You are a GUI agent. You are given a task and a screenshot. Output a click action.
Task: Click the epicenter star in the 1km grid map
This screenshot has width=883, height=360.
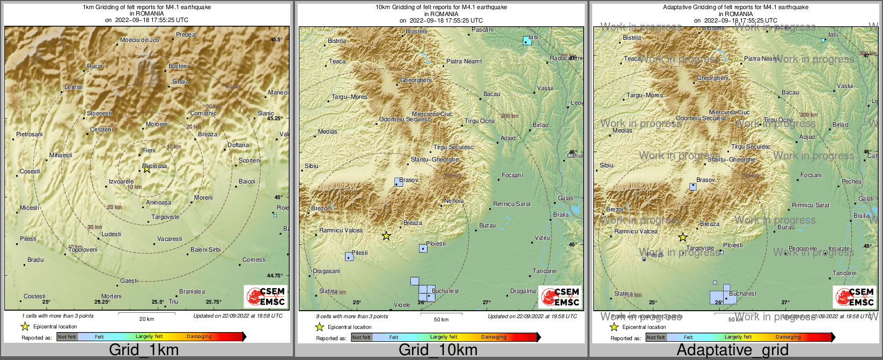[x=146, y=169]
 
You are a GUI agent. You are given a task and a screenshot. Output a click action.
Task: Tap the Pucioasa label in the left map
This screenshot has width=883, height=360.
[x=155, y=166]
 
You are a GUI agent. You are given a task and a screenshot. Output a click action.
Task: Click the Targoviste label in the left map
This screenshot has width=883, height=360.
[x=165, y=217]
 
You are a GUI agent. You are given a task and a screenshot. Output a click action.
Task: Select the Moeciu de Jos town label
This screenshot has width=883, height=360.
[x=139, y=40]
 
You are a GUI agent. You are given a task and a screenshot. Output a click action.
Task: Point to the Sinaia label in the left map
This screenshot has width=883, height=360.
[x=180, y=82]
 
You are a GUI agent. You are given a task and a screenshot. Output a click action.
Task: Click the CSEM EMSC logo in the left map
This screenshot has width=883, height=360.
[x=266, y=296]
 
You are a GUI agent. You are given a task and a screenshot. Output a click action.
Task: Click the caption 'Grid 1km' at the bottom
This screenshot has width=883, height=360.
[x=144, y=350]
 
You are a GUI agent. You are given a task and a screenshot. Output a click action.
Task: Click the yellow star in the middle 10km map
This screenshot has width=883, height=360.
[x=386, y=236]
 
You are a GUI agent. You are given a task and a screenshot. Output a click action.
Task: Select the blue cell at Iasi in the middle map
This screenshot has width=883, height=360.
[x=527, y=40]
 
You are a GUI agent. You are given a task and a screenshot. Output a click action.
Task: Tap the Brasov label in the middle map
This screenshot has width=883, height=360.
[x=409, y=180]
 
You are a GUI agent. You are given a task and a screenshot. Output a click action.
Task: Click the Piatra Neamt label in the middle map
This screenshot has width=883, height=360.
[x=464, y=61]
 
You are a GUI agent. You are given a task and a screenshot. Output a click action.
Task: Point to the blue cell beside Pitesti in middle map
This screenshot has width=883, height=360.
[x=349, y=256]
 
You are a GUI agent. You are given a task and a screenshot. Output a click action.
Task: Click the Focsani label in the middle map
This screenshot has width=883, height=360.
[x=512, y=175]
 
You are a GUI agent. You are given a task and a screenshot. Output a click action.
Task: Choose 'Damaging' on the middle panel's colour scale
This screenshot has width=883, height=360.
[x=493, y=337]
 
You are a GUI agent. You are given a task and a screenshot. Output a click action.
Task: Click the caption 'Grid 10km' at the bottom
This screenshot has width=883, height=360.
[x=438, y=350]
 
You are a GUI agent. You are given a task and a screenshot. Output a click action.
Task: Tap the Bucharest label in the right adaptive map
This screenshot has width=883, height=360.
[x=743, y=293]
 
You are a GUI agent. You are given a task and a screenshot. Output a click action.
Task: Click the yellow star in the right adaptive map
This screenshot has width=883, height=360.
[x=682, y=237]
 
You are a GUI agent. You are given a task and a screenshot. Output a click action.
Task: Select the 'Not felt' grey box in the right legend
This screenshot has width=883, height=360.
[x=656, y=337]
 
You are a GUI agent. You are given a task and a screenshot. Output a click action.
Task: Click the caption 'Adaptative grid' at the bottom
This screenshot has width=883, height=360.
[x=732, y=350]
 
